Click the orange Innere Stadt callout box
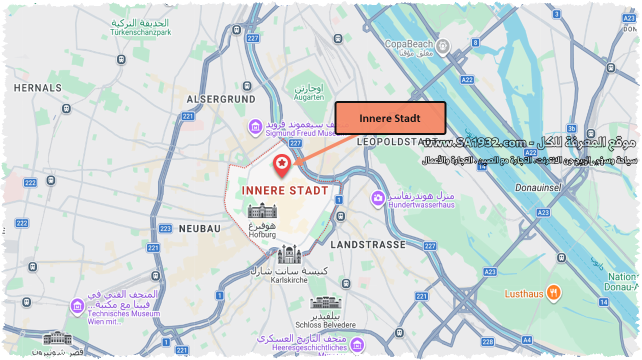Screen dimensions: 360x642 click(390, 118)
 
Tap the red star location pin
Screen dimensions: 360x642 click(282, 165)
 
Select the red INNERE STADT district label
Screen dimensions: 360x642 click(285, 190)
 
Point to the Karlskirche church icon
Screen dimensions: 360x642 click(289, 255)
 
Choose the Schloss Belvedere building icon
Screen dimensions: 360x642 click(325, 302)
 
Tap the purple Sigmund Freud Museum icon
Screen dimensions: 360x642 click(255, 127)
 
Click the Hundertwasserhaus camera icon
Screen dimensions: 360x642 click(378, 198)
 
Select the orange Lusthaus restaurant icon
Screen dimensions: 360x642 click(553, 293)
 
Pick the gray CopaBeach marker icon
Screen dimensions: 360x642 click(442, 47)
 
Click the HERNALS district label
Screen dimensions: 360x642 click(37, 88)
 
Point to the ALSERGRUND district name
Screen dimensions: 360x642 click(221, 99)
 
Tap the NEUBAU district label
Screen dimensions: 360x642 click(199, 228)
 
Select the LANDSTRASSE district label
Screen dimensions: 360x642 click(367, 244)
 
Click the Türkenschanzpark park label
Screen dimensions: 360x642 click(140, 32)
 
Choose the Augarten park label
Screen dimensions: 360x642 click(309, 97)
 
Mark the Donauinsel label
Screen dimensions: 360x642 click(538, 188)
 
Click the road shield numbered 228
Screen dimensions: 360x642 click(487, 342)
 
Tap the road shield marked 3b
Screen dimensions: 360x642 click(571, 128)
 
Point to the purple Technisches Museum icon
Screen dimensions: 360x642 click(77, 305)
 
